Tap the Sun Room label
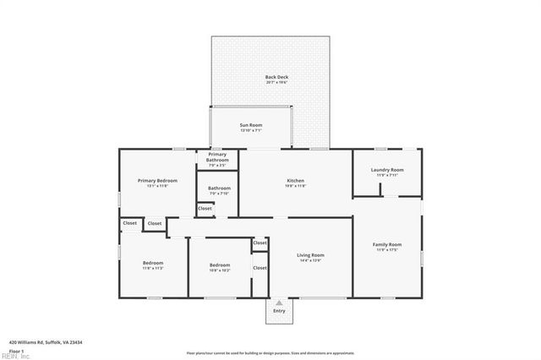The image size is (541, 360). point(253,127)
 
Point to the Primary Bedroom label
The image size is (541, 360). point(158,181)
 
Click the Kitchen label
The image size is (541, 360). point(295,181)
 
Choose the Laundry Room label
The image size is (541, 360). point(387,170)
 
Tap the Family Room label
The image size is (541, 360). point(387,245)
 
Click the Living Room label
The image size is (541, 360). point(310,255)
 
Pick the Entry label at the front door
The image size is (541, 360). point(279,311)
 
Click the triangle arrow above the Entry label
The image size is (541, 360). point(279,302)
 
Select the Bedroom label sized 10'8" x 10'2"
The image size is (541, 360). point(220,265)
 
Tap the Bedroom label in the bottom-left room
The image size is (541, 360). point(153,263)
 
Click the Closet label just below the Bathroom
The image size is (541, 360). point(205,208)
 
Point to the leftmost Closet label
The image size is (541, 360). point(129,223)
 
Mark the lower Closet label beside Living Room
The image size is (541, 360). point(260,268)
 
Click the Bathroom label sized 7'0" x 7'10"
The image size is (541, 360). point(220,188)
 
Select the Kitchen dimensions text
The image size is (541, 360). point(295,186)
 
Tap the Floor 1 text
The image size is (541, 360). point(16,350)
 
